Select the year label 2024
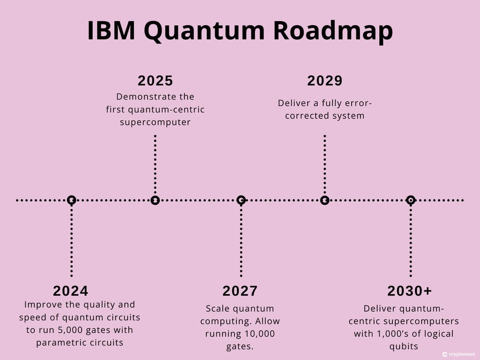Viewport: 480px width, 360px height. coord(71,291)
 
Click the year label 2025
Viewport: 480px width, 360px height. coord(155,81)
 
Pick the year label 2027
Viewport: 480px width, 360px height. coord(240,291)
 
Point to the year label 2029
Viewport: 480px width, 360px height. coord(325,81)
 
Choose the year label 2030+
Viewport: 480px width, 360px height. coord(410,291)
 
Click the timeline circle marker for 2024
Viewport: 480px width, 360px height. coord(71,200)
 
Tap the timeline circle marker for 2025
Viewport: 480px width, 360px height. coord(155,200)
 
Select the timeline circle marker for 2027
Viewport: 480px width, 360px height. coord(241,200)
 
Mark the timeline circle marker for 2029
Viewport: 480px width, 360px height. coord(325,200)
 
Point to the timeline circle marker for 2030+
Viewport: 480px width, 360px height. coord(410,200)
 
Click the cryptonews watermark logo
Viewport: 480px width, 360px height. coord(444,354)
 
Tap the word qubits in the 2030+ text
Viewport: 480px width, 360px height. coord(404,346)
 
